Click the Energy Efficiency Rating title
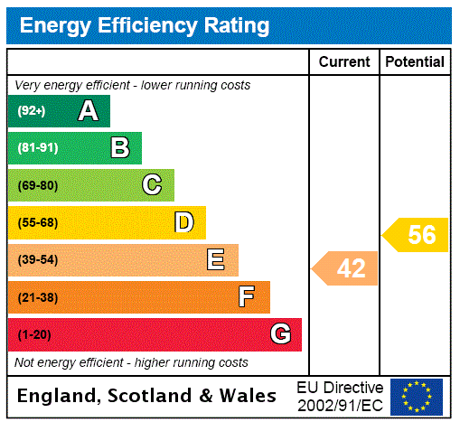click(x=145, y=25)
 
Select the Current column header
click(x=344, y=62)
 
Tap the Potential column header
click(x=415, y=62)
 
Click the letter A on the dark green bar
click(x=88, y=111)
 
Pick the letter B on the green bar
click(x=119, y=148)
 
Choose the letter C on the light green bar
click(x=152, y=185)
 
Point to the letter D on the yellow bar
click(x=183, y=222)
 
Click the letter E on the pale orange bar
click(x=216, y=260)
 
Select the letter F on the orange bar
click(x=246, y=297)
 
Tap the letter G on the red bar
click(x=280, y=334)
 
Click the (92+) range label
click(x=32, y=111)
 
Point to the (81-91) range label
click(x=37, y=148)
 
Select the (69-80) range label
click(x=37, y=186)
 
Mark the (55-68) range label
click(x=37, y=223)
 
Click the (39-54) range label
click(x=37, y=260)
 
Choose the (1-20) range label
click(x=34, y=335)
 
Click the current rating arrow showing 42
click(x=346, y=268)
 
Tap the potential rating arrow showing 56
click(x=417, y=235)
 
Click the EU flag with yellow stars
click(x=417, y=396)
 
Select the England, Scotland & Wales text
click(x=147, y=396)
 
